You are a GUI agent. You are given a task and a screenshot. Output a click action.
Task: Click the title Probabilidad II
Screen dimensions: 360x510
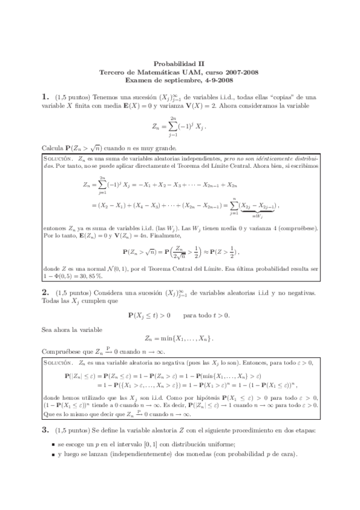pos(179,63)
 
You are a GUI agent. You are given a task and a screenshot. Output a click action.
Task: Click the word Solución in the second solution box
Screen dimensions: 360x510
pos(58,364)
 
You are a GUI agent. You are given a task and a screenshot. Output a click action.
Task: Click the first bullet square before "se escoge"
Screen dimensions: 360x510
pos(55,461)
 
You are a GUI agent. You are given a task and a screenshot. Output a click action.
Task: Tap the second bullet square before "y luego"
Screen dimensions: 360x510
pos(55,473)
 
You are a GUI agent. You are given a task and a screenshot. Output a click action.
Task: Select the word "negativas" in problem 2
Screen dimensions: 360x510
pos(299,292)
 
